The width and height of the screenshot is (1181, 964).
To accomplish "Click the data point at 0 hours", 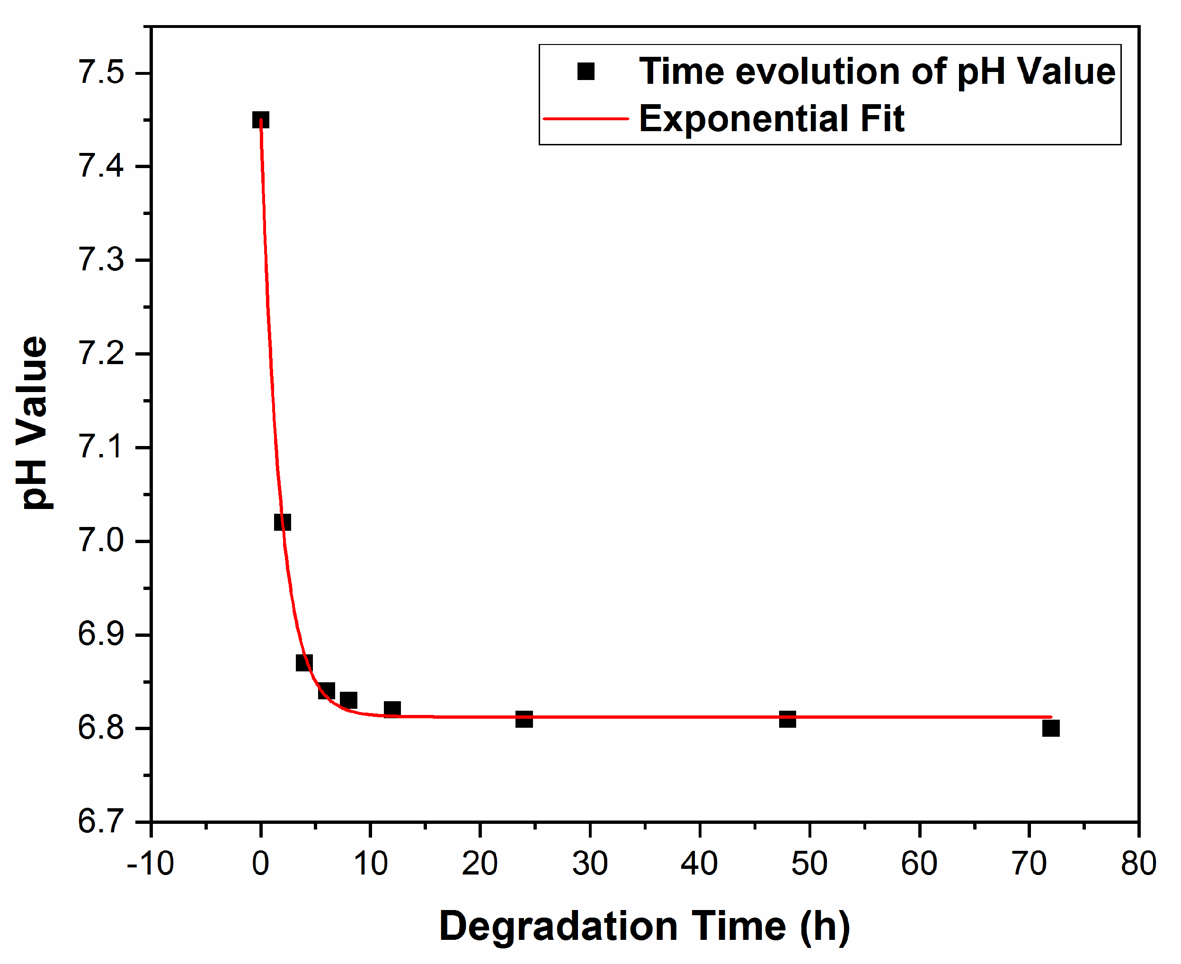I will click(x=260, y=120).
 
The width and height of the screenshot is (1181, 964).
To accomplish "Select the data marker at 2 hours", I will click(x=282, y=522).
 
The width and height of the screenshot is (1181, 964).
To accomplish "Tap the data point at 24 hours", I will click(x=524, y=719).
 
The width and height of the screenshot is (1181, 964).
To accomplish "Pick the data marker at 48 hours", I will click(x=787, y=719).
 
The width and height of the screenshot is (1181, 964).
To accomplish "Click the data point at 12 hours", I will click(x=392, y=709).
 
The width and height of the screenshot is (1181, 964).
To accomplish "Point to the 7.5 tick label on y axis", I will click(x=101, y=73).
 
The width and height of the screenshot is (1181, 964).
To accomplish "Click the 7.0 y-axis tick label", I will click(x=101, y=541).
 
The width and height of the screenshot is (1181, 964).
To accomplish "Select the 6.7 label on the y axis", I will click(x=101, y=821).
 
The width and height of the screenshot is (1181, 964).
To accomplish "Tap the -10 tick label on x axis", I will click(x=150, y=864).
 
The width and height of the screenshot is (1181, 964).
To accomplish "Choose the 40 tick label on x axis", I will click(x=700, y=864).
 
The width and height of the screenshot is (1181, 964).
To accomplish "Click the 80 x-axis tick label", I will click(x=1138, y=864).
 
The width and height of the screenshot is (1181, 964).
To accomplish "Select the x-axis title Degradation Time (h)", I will click(x=644, y=926).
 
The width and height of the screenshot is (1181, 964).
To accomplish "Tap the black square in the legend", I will click(x=586, y=71).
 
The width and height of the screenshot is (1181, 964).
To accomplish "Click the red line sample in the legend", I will click(x=586, y=118).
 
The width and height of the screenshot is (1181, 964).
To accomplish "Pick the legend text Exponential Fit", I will click(x=772, y=119).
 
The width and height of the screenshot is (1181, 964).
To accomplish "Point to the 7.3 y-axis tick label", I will click(x=101, y=260).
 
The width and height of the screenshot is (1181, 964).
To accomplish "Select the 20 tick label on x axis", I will click(x=480, y=864).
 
